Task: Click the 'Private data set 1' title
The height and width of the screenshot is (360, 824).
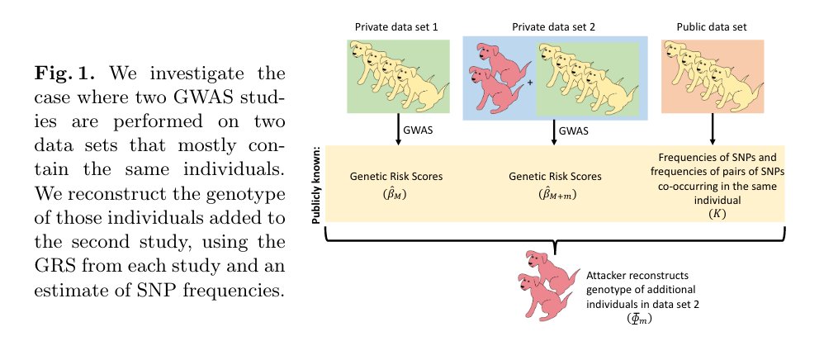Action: coord(395,26)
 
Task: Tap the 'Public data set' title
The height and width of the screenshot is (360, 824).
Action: coord(711,26)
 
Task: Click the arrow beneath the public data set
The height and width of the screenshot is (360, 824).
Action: coord(711,130)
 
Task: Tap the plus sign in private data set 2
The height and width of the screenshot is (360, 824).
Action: coord(529,83)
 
